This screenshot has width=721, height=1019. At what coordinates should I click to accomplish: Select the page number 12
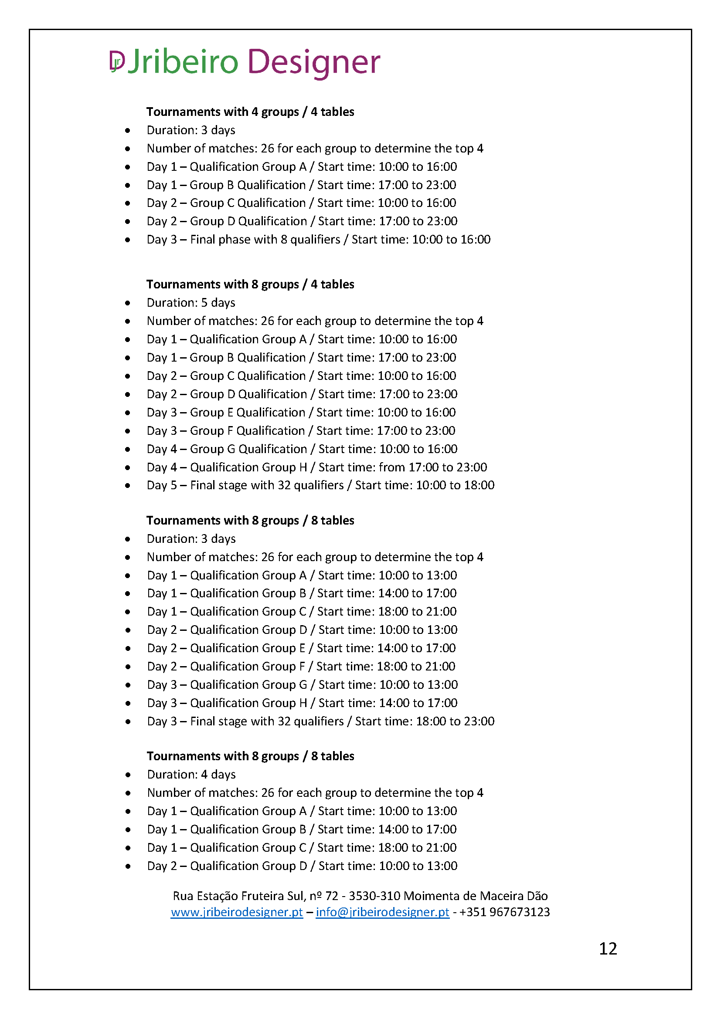pos(608,949)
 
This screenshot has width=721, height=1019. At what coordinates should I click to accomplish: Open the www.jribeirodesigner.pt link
pos(237,912)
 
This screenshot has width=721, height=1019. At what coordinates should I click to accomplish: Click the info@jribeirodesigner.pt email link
pos(382,912)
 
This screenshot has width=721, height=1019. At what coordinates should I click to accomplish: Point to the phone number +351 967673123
pos(504,912)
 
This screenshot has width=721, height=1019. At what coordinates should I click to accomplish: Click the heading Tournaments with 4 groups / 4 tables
pos(250,112)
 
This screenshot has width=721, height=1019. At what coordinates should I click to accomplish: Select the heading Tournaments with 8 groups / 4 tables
pos(250,284)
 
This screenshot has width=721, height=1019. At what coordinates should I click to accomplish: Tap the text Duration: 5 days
pos(191,303)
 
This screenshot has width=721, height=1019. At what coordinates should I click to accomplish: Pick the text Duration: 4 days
pos(191,775)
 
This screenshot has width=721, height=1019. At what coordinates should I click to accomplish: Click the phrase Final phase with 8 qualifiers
pos(265,240)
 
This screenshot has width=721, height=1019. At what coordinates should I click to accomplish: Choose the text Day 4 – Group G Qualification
pos(227,449)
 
